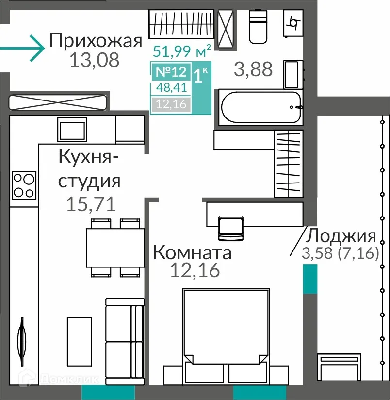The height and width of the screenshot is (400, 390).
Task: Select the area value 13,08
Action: [94, 61]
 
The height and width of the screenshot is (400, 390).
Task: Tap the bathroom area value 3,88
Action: [253, 69]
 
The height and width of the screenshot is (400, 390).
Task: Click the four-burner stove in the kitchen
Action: [24, 184]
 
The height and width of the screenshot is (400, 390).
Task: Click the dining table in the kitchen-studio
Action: [115, 247]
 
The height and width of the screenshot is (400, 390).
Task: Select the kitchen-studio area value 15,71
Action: [91, 204]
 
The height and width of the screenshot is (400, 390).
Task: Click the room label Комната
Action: [192, 252]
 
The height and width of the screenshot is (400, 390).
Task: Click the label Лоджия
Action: [342, 236]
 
